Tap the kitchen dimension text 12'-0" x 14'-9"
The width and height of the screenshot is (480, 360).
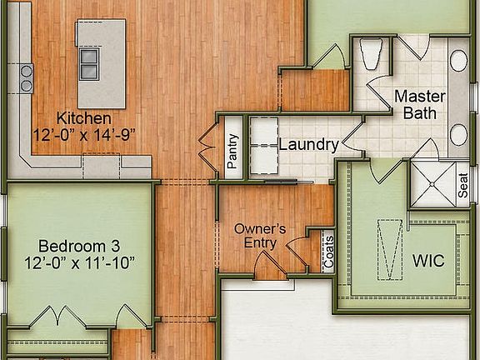coord(83,133)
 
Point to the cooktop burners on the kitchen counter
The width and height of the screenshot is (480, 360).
coord(26,77)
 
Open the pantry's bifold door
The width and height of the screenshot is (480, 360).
coord(205,150)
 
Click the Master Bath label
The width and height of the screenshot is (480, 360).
coord(419,104)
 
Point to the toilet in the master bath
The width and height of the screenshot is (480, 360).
coord(371,54)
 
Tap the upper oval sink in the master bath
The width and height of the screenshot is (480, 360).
coord(458,60)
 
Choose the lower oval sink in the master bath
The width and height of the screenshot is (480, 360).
coord(458,135)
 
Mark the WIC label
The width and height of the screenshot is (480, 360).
coord(427,260)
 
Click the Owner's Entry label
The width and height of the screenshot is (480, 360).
coord(260,235)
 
